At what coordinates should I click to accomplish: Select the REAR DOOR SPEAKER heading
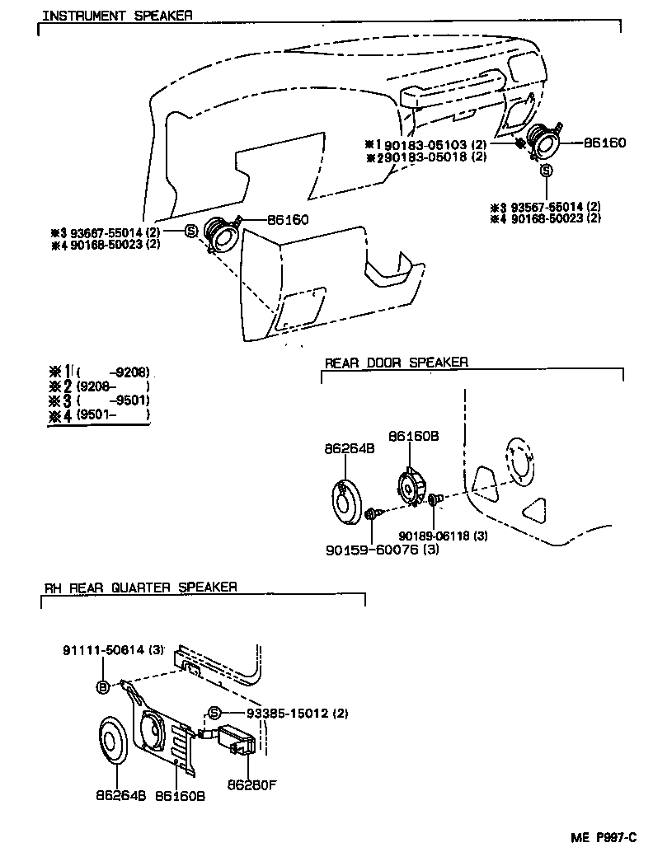coord(396,363)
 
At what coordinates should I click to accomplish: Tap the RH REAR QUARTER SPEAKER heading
coord(141,587)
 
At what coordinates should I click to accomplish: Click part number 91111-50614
coord(102,650)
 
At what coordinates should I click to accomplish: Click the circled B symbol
coord(103,686)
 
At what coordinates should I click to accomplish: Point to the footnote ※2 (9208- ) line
coord(101,386)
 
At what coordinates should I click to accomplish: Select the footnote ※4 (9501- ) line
coord(101,415)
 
